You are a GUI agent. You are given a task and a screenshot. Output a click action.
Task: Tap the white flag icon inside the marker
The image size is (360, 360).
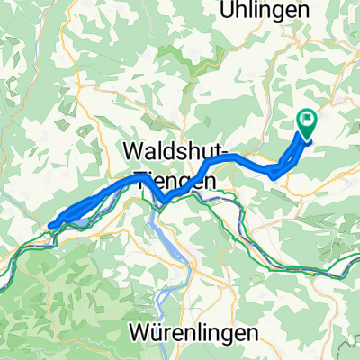pos(307,121)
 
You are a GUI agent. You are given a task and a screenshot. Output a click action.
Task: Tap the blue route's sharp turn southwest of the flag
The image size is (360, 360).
pos(272,175)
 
